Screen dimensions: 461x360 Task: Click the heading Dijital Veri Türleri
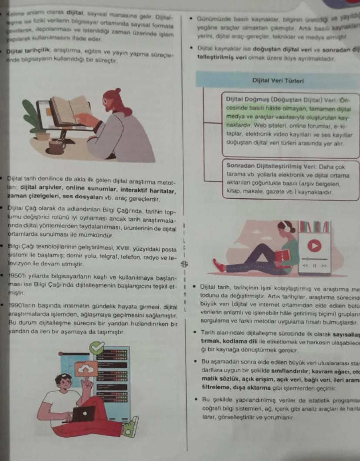[278, 80]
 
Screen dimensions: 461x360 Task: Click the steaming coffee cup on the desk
[57, 147]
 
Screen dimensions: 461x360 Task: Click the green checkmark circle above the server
[97, 348]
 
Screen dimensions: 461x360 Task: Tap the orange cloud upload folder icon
[85, 370]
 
